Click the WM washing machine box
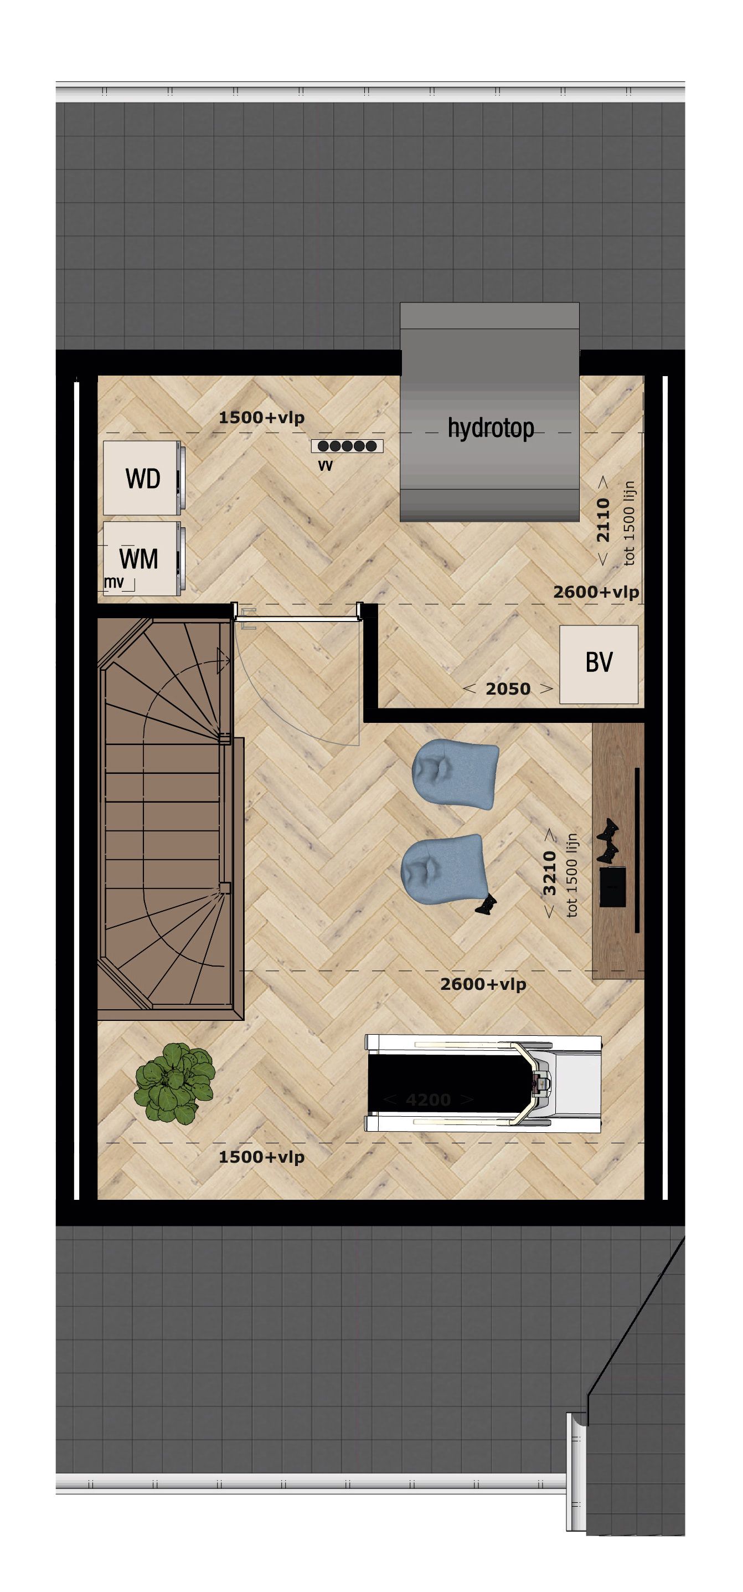click(x=140, y=559)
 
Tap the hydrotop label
click(x=491, y=428)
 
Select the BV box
click(x=598, y=664)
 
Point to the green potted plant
click(x=174, y=1083)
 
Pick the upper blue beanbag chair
click(x=455, y=775)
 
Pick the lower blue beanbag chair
click(x=442, y=871)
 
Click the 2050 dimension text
click(x=508, y=689)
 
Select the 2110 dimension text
click(x=603, y=520)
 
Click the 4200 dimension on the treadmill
click(x=429, y=1100)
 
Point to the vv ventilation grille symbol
click(x=348, y=445)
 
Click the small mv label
click(x=113, y=582)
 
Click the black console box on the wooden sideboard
click(x=613, y=886)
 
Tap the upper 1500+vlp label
click(x=261, y=418)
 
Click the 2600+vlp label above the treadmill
click(x=483, y=984)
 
